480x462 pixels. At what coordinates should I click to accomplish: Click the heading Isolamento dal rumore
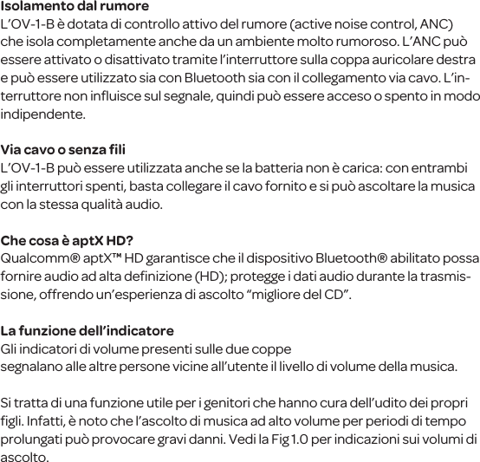[75, 6]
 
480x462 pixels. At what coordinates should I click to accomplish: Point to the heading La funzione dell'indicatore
[88, 331]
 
